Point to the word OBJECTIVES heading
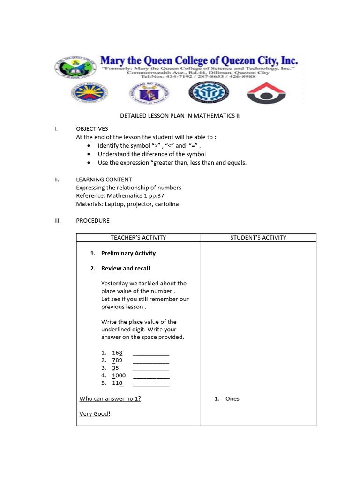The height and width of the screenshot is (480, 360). tap(92, 129)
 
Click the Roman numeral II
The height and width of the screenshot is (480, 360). tap(58, 180)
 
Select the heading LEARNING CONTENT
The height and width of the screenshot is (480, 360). tap(104, 180)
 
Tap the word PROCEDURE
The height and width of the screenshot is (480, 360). tap(93, 220)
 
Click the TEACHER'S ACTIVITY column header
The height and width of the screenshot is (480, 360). tap(138, 238)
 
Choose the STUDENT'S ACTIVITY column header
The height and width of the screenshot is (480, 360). tap(258, 238)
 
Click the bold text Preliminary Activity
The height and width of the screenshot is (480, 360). tap(128, 253)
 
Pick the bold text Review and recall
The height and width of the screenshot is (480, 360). tap(126, 269)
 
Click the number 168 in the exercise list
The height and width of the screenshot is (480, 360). tap(117, 352)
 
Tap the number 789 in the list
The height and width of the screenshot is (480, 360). tap(117, 360)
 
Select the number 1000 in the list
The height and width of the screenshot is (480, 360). tap(119, 375)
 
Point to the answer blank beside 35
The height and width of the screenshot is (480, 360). tap(151, 369)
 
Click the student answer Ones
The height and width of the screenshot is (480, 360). tap(232, 399)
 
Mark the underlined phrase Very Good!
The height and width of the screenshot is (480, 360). tap(95, 414)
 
